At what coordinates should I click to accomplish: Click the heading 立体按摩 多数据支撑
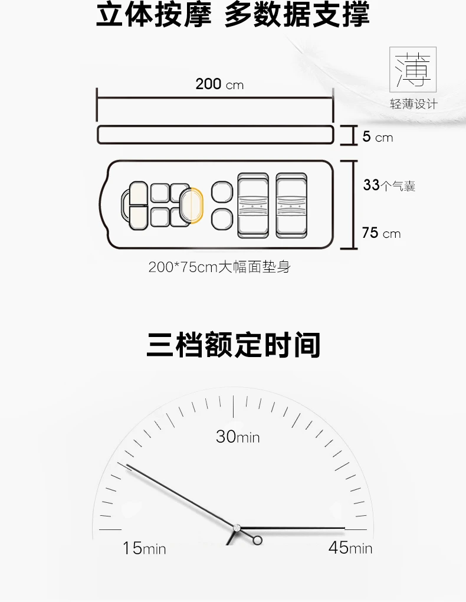tap(232, 15)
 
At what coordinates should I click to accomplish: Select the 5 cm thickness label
tap(377, 138)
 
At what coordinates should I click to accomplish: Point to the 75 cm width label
tap(381, 233)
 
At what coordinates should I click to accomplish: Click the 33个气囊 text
tap(389, 185)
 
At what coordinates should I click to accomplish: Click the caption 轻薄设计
tap(414, 104)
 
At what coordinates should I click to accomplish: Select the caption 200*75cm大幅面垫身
tap(219, 267)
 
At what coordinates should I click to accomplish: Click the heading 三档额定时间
tap(233, 345)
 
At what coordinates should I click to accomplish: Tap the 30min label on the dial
tap(237, 437)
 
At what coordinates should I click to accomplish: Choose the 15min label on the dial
tap(144, 548)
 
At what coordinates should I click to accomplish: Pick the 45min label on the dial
tap(350, 548)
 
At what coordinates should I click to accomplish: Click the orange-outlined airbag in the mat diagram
tap(192, 204)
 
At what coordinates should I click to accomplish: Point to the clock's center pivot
tap(237, 527)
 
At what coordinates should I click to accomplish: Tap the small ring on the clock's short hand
tap(257, 540)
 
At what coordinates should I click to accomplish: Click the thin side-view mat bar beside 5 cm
tap(215, 135)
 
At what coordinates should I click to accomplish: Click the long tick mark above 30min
tap(234, 407)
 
